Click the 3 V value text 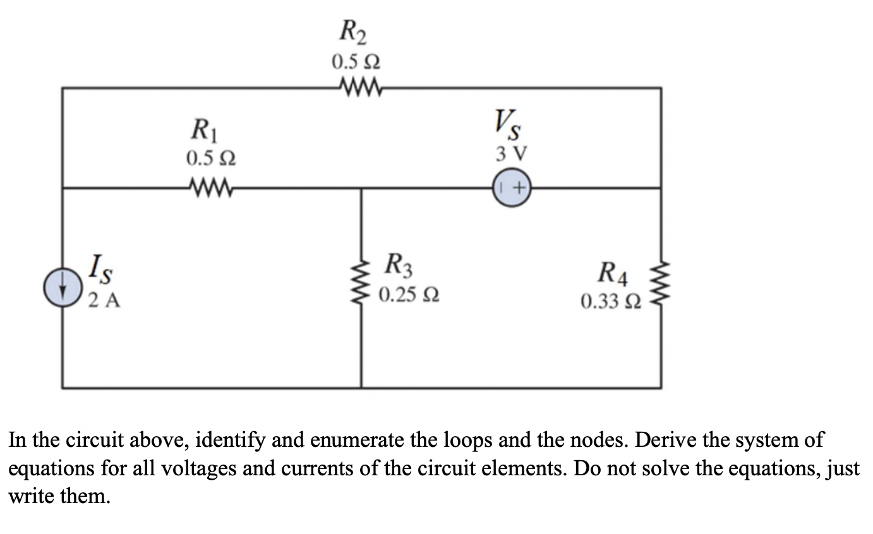tap(512, 153)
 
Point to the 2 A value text tap(104, 300)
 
